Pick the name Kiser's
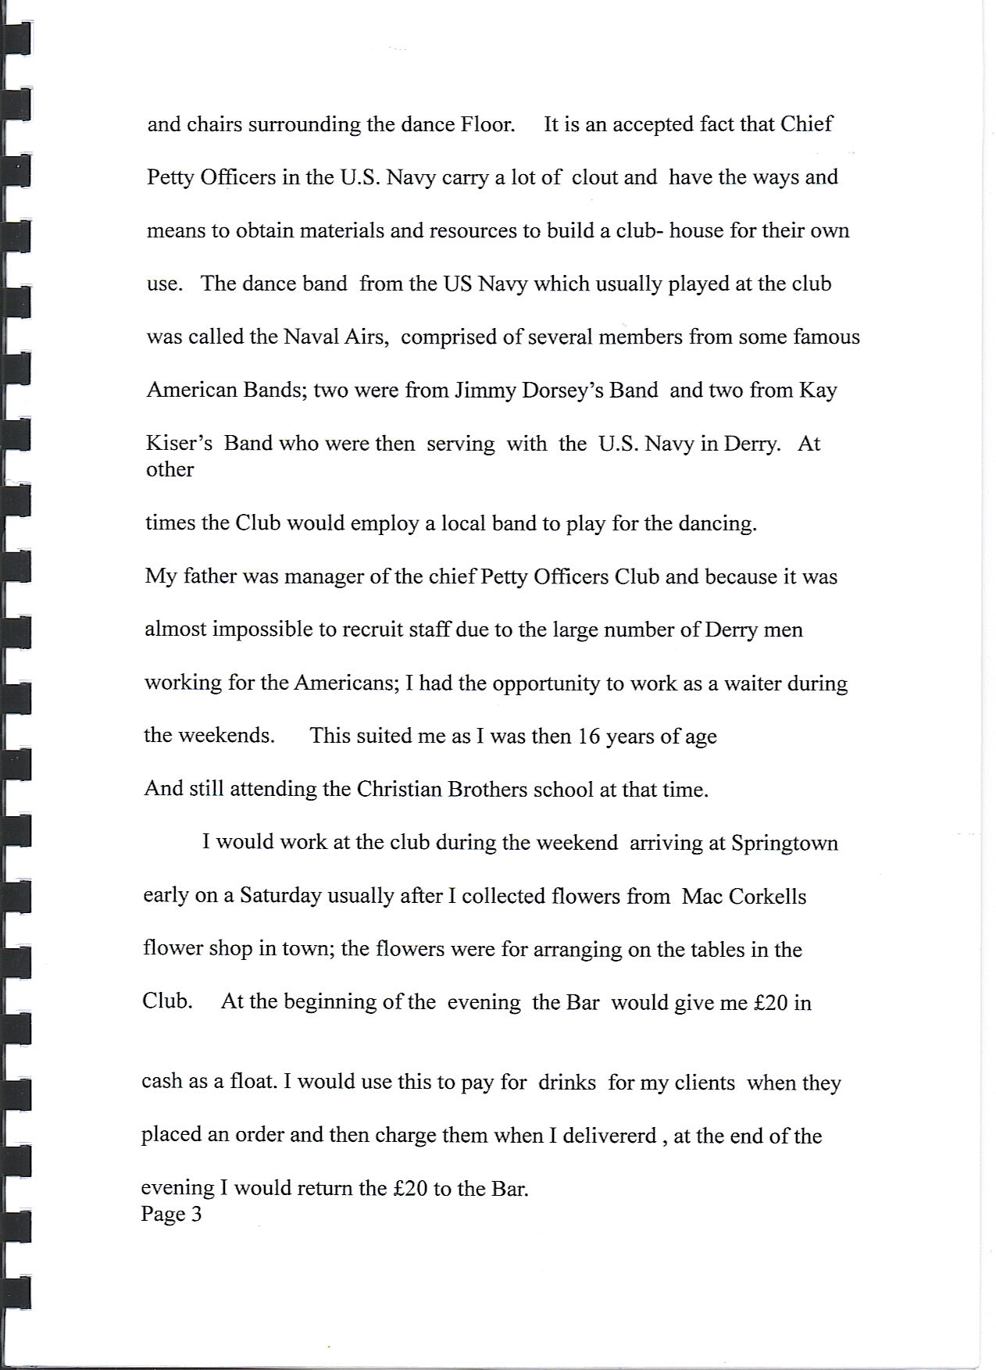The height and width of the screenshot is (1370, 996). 179,444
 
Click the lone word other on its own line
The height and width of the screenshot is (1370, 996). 170,469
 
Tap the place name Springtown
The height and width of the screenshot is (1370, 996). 784,844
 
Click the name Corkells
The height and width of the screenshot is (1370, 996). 767,896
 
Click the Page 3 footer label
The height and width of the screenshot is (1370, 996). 171,1214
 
